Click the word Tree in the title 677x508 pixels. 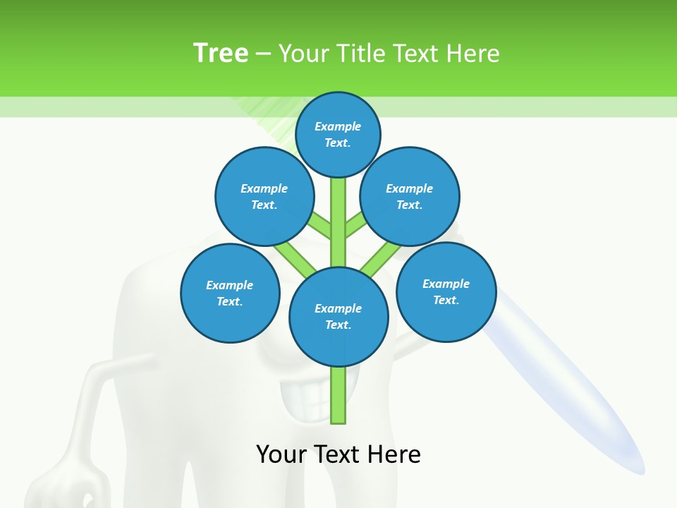(x=221, y=53)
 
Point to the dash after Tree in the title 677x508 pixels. (x=263, y=54)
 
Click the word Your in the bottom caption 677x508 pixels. (x=281, y=454)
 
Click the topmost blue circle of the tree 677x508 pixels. (x=338, y=134)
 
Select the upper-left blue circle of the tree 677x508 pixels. (x=264, y=196)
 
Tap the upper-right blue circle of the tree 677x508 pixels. (x=410, y=196)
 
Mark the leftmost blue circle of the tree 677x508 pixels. (x=230, y=293)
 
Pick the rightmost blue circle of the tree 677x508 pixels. (x=446, y=291)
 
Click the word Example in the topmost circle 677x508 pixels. (x=338, y=126)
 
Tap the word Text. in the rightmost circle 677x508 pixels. (x=446, y=300)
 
